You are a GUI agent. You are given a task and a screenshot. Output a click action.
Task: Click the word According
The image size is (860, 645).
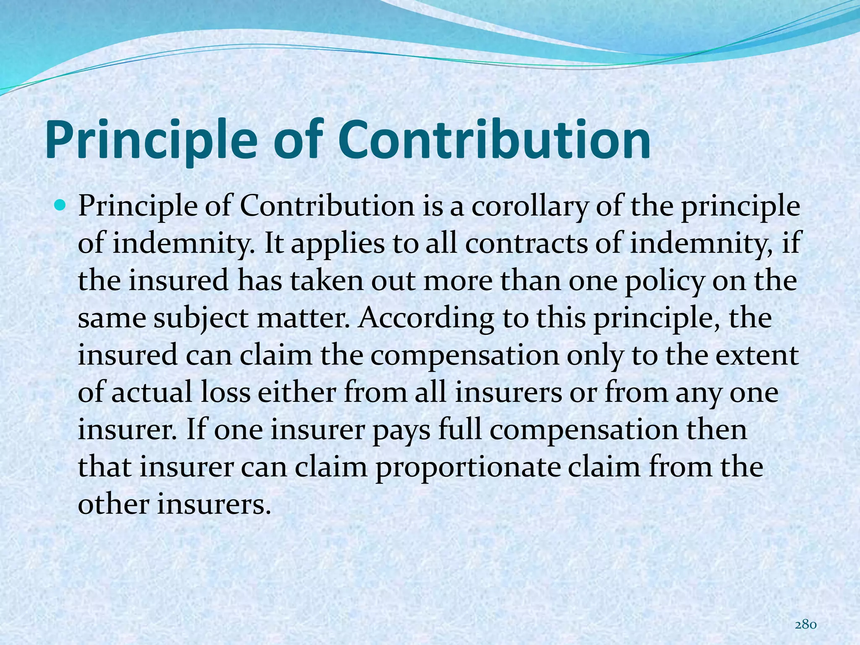426,318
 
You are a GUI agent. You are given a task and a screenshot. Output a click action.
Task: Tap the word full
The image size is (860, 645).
460,429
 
